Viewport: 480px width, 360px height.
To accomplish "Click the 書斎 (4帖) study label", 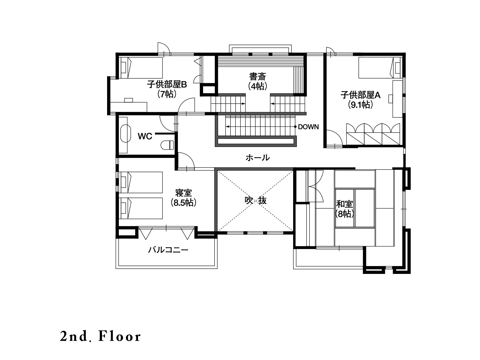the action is [x=258, y=81].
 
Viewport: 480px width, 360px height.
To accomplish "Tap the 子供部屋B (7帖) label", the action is [x=167, y=89].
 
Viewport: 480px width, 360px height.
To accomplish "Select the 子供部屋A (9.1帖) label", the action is [x=360, y=100].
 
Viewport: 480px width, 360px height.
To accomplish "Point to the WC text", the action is [x=145, y=136].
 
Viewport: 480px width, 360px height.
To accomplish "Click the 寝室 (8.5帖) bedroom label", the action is [x=184, y=198].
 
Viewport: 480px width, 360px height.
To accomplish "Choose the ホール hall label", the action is [x=258, y=157].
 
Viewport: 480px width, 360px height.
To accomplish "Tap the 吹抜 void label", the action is [x=255, y=200].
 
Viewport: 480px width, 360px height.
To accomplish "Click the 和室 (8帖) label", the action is [x=344, y=209].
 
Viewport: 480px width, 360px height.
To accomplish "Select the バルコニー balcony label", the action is [x=168, y=250].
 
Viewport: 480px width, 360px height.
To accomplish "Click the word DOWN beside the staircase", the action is [x=308, y=127].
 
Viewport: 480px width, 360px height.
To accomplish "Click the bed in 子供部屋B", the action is [x=142, y=68].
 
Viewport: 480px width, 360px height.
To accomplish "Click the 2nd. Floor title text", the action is [x=100, y=337].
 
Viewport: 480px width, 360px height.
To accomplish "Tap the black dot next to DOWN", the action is [x=295, y=127].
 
